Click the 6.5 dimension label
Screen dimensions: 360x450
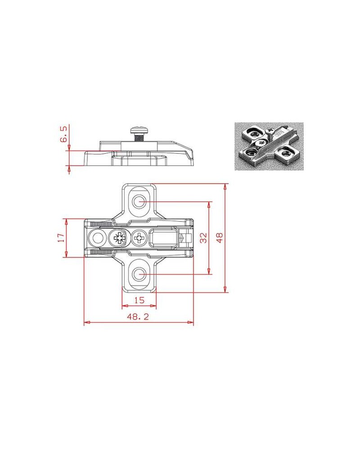click(63, 134)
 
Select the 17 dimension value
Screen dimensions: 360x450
click(61, 238)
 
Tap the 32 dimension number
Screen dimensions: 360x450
click(203, 238)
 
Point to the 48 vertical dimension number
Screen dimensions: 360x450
click(220, 238)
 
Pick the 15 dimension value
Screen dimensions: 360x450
click(139, 300)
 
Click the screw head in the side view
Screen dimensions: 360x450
click(139, 130)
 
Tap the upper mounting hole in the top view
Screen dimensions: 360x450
click(139, 202)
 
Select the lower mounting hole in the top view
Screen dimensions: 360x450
click(139, 274)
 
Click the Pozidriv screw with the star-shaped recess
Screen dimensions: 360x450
click(118, 238)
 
